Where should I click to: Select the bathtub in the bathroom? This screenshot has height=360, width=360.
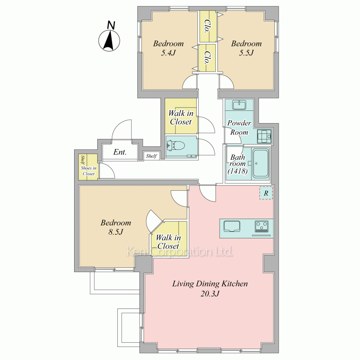click(x=261, y=163)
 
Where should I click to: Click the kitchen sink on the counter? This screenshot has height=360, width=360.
click(x=232, y=226)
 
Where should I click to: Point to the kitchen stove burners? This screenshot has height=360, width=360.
click(x=261, y=226)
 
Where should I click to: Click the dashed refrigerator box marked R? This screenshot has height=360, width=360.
click(x=266, y=193)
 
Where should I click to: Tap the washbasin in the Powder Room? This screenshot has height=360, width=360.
click(x=239, y=105)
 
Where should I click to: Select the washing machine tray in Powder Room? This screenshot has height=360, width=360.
click(x=264, y=136)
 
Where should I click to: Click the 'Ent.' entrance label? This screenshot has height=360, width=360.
click(x=120, y=152)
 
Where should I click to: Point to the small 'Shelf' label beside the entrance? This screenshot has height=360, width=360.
click(x=151, y=156)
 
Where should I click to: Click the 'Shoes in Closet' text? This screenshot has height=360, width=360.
click(x=89, y=171)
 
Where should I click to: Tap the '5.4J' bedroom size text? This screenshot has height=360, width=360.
click(x=168, y=53)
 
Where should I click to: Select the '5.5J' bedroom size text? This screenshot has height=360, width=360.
click(x=246, y=53)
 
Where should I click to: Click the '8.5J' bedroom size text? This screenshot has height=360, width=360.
click(x=116, y=232)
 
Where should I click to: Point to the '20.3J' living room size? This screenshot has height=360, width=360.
click(x=210, y=293)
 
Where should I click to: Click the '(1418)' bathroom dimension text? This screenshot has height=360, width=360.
click(x=238, y=171)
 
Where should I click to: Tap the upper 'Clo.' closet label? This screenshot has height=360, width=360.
click(x=208, y=26)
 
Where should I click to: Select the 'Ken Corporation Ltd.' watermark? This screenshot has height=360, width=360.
click(x=180, y=252)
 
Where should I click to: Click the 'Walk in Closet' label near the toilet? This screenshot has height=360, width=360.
click(x=181, y=117)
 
